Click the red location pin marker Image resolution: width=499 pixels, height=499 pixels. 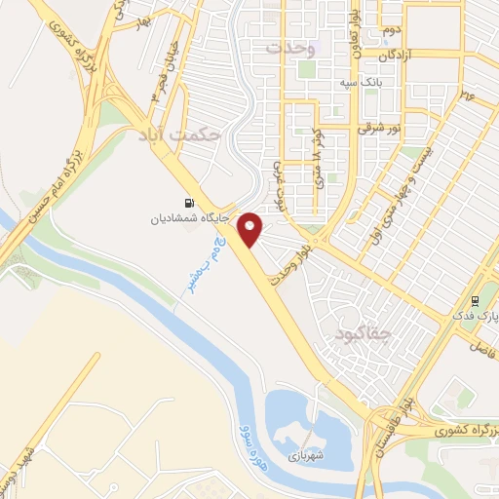[251, 228]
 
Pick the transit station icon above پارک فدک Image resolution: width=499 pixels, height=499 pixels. [476, 299]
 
